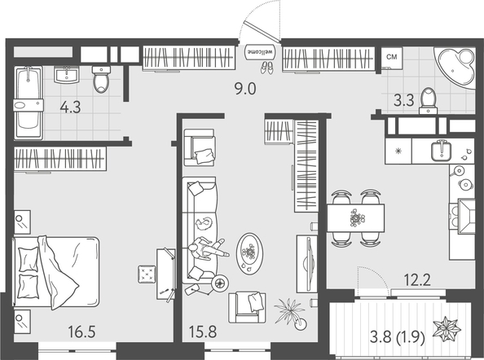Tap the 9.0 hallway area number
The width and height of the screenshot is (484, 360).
coord(245,89)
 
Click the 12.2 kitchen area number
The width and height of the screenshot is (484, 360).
coord(418,283)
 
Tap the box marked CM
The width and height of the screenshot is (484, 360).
coord(392,57)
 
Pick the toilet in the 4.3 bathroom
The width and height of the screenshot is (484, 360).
coord(100,80)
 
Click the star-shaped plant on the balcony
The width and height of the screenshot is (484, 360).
coord(449,332)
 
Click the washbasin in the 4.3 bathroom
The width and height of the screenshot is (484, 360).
coord(66,76)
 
